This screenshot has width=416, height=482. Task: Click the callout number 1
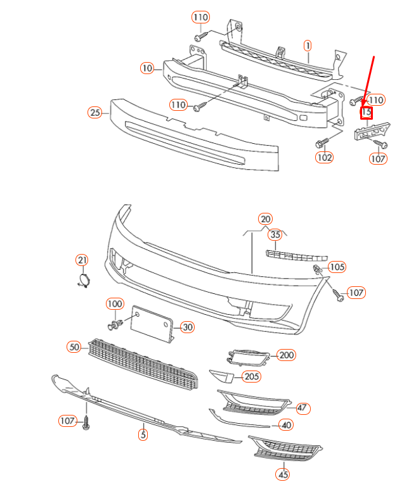(x=308, y=46)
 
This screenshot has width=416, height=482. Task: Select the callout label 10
(x=147, y=68)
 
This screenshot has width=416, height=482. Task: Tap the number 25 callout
(x=94, y=113)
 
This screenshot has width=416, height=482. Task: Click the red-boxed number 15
(x=366, y=113)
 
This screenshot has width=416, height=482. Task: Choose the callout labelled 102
(x=325, y=157)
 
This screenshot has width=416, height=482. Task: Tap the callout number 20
(x=265, y=219)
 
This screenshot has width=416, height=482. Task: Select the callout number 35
(x=275, y=235)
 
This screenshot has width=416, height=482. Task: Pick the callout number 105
(x=337, y=267)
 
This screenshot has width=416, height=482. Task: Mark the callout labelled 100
(x=115, y=304)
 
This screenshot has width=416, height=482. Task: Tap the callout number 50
(x=75, y=346)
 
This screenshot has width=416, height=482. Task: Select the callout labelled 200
(x=287, y=355)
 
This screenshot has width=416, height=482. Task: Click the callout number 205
(x=252, y=377)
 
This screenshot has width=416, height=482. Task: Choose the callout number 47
(x=302, y=408)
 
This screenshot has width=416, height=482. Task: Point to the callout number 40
(x=287, y=425)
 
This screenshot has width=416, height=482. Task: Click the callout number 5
(x=143, y=434)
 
